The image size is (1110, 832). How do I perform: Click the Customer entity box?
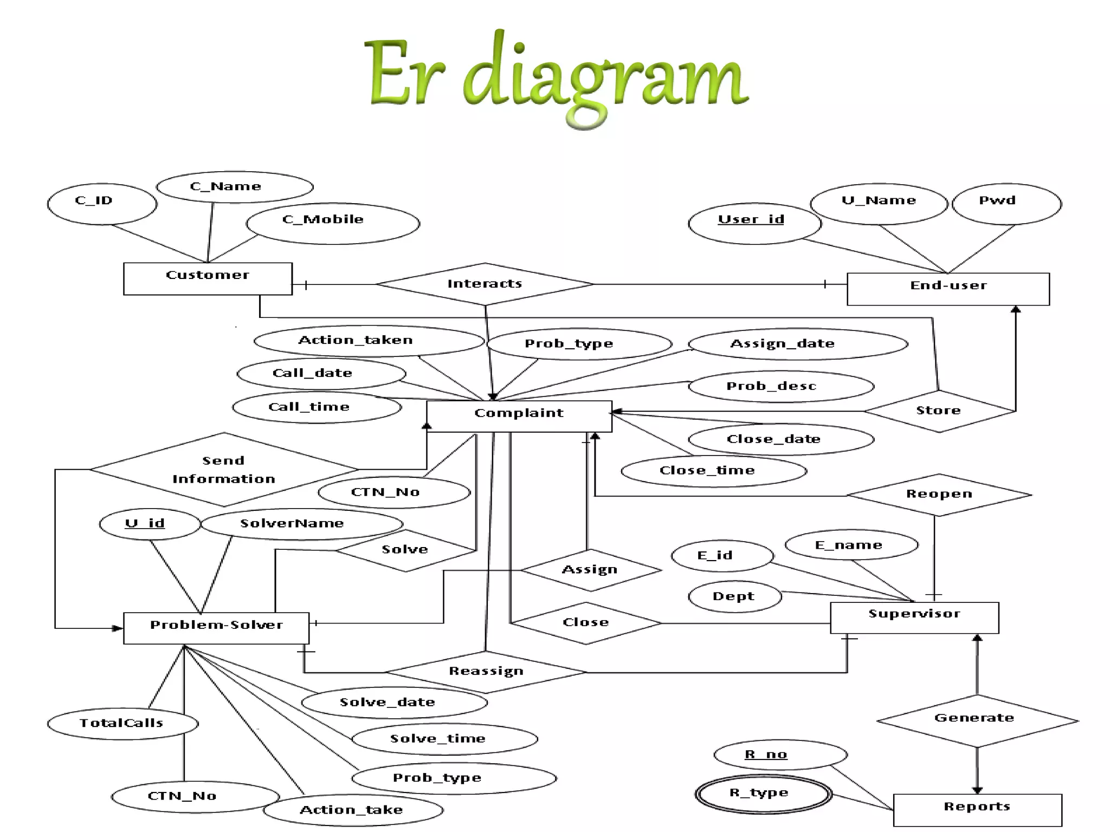(208, 278)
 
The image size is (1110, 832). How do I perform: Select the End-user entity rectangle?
(948, 289)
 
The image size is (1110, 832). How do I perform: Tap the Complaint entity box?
(519, 416)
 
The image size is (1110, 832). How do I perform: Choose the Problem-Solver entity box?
(216, 628)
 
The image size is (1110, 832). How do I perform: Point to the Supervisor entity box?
(914, 617)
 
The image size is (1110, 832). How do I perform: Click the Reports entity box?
(977, 810)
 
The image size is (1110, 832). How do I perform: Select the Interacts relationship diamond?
(485, 284)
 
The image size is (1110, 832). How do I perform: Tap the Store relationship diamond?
(939, 411)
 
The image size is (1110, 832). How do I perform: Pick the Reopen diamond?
(939, 494)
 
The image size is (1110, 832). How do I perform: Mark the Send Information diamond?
(223, 469)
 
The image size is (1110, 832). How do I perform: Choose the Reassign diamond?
(486, 672)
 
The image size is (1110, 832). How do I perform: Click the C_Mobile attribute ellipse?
(332, 223)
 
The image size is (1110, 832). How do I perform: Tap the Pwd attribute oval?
(1006, 204)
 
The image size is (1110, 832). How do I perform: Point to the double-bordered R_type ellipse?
(763, 794)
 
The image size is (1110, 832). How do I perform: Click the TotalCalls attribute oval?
(122, 723)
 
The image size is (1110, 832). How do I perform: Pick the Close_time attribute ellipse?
(713, 471)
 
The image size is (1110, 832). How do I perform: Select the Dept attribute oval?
(734, 596)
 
